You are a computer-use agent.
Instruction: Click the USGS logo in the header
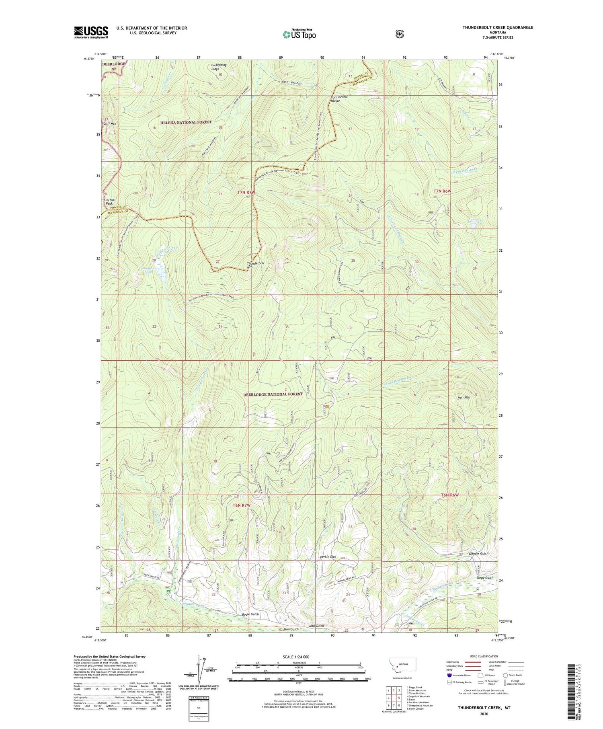pyautogui.click(x=91, y=32)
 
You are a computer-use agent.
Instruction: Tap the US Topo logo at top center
pyautogui.click(x=299, y=34)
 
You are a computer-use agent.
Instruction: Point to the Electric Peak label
pyautogui.click(x=109, y=202)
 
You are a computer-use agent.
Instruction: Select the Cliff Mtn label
pyautogui.click(x=109, y=124)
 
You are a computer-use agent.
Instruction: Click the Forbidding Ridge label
pyautogui.click(x=215, y=67)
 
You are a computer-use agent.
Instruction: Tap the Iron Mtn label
pyautogui.click(x=464, y=398)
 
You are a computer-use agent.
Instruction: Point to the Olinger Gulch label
pyautogui.click(x=479, y=554)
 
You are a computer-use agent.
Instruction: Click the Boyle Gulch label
pyautogui.click(x=250, y=614)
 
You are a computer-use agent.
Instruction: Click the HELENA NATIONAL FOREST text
pyautogui.click(x=186, y=122)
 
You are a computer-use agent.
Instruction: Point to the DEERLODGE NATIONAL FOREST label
pyautogui.click(x=273, y=394)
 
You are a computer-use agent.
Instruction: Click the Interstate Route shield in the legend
pyautogui.click(x=449, y=675)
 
